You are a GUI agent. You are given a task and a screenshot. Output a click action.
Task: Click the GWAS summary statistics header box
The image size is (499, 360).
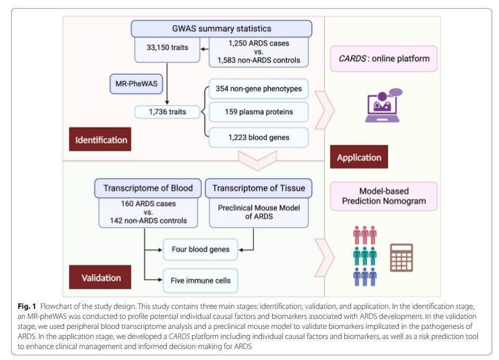[x=221, y=28]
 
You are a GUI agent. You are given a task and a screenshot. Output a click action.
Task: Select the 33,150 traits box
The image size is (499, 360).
[x=167, y=48]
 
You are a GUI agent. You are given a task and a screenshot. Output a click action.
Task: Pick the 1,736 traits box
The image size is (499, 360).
[x=167, y=112]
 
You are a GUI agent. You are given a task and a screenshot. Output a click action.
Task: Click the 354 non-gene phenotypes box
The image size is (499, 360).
[x=258, y=89]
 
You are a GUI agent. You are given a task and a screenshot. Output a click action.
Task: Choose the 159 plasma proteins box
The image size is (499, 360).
[x=258, y=112]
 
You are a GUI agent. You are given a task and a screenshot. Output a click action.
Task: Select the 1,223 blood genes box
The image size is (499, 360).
[x=258, y=137]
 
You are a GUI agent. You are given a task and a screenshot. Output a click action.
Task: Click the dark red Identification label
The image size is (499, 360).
[x=101, y=140]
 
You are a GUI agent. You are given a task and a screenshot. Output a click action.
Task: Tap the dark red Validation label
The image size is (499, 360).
[x=101, y=277]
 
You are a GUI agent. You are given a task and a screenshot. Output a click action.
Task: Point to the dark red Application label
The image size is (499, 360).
[x=359, y=157]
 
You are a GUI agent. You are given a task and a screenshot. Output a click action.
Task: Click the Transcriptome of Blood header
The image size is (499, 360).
[x=148, y=188]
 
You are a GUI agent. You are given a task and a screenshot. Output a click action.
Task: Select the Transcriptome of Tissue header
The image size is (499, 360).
[x=258, y=188]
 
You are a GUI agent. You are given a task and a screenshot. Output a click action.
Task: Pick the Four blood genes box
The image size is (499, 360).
[x=200, y=249]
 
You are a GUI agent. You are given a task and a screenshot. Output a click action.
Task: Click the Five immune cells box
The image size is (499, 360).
[x=200, y=280]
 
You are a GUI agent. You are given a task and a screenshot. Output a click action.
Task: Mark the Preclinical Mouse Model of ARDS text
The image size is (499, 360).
[x=258, y=213]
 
